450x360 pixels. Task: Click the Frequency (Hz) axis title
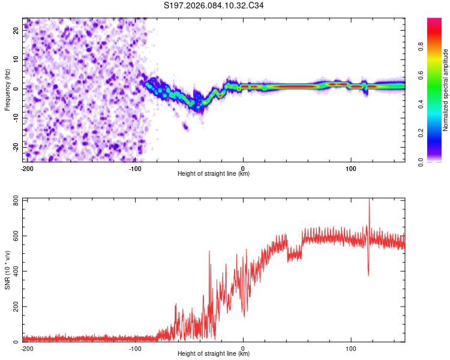pos(8,89)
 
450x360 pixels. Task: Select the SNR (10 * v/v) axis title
pos(8,270)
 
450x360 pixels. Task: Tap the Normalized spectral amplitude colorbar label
pos(445,90)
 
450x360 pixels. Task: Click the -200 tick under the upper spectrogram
pos(26,168)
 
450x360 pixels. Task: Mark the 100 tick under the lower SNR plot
pos(350,348)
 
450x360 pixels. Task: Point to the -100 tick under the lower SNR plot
pos(135,348)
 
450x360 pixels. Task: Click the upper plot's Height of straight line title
pos(214,174)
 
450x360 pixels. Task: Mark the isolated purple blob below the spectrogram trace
pos(185,126)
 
